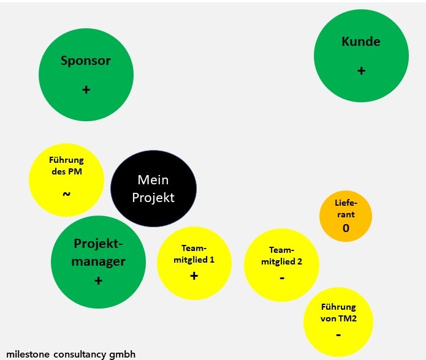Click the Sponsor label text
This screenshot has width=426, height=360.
click(86, 61)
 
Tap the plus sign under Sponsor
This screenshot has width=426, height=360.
click(86, 90)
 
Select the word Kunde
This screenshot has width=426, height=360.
click(361, 42)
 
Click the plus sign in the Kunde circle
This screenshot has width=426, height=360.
click(361, 71)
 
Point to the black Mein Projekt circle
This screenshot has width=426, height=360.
click(153, 189)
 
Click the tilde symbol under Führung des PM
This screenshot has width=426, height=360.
click(66, 194)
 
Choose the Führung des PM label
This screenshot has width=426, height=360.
click(66, 166)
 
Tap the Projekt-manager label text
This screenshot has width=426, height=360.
click(98, 252)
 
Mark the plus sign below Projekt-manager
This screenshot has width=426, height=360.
click(98, 281)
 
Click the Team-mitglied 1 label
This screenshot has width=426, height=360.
click(194, 254)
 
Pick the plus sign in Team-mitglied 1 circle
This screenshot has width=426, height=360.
click(194, 276)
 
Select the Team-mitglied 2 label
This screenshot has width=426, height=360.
click(282, 256)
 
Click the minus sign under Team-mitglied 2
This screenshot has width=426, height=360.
click(282, 278)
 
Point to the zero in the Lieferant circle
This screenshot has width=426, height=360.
click(346, 228)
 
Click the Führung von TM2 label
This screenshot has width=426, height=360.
click(338, 312)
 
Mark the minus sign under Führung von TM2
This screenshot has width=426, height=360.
click(338, 336)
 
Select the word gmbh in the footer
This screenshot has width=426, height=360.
click(121, 354)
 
